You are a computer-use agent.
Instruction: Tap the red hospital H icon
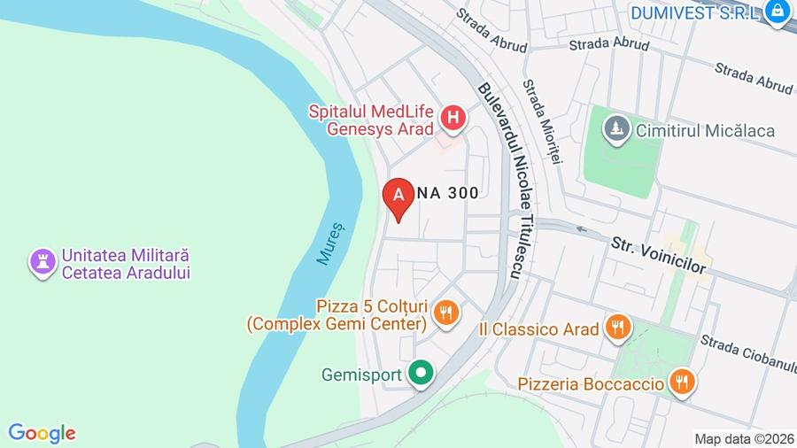453,118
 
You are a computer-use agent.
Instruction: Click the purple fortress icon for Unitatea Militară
42,262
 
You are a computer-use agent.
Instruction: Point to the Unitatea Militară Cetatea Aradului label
126,264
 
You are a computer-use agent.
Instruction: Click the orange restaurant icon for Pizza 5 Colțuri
445,312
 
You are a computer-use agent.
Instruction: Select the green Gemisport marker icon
421,374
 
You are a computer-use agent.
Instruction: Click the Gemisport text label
361,374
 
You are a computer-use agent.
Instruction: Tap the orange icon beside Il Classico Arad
617,328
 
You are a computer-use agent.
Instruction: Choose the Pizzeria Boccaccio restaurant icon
681,382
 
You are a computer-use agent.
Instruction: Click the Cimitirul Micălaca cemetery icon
615,130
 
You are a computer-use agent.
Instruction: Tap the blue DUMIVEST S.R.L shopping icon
778,12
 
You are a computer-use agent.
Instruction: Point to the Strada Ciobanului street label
748,353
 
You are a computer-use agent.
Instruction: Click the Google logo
42,433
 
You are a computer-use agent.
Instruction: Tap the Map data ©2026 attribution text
742,438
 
